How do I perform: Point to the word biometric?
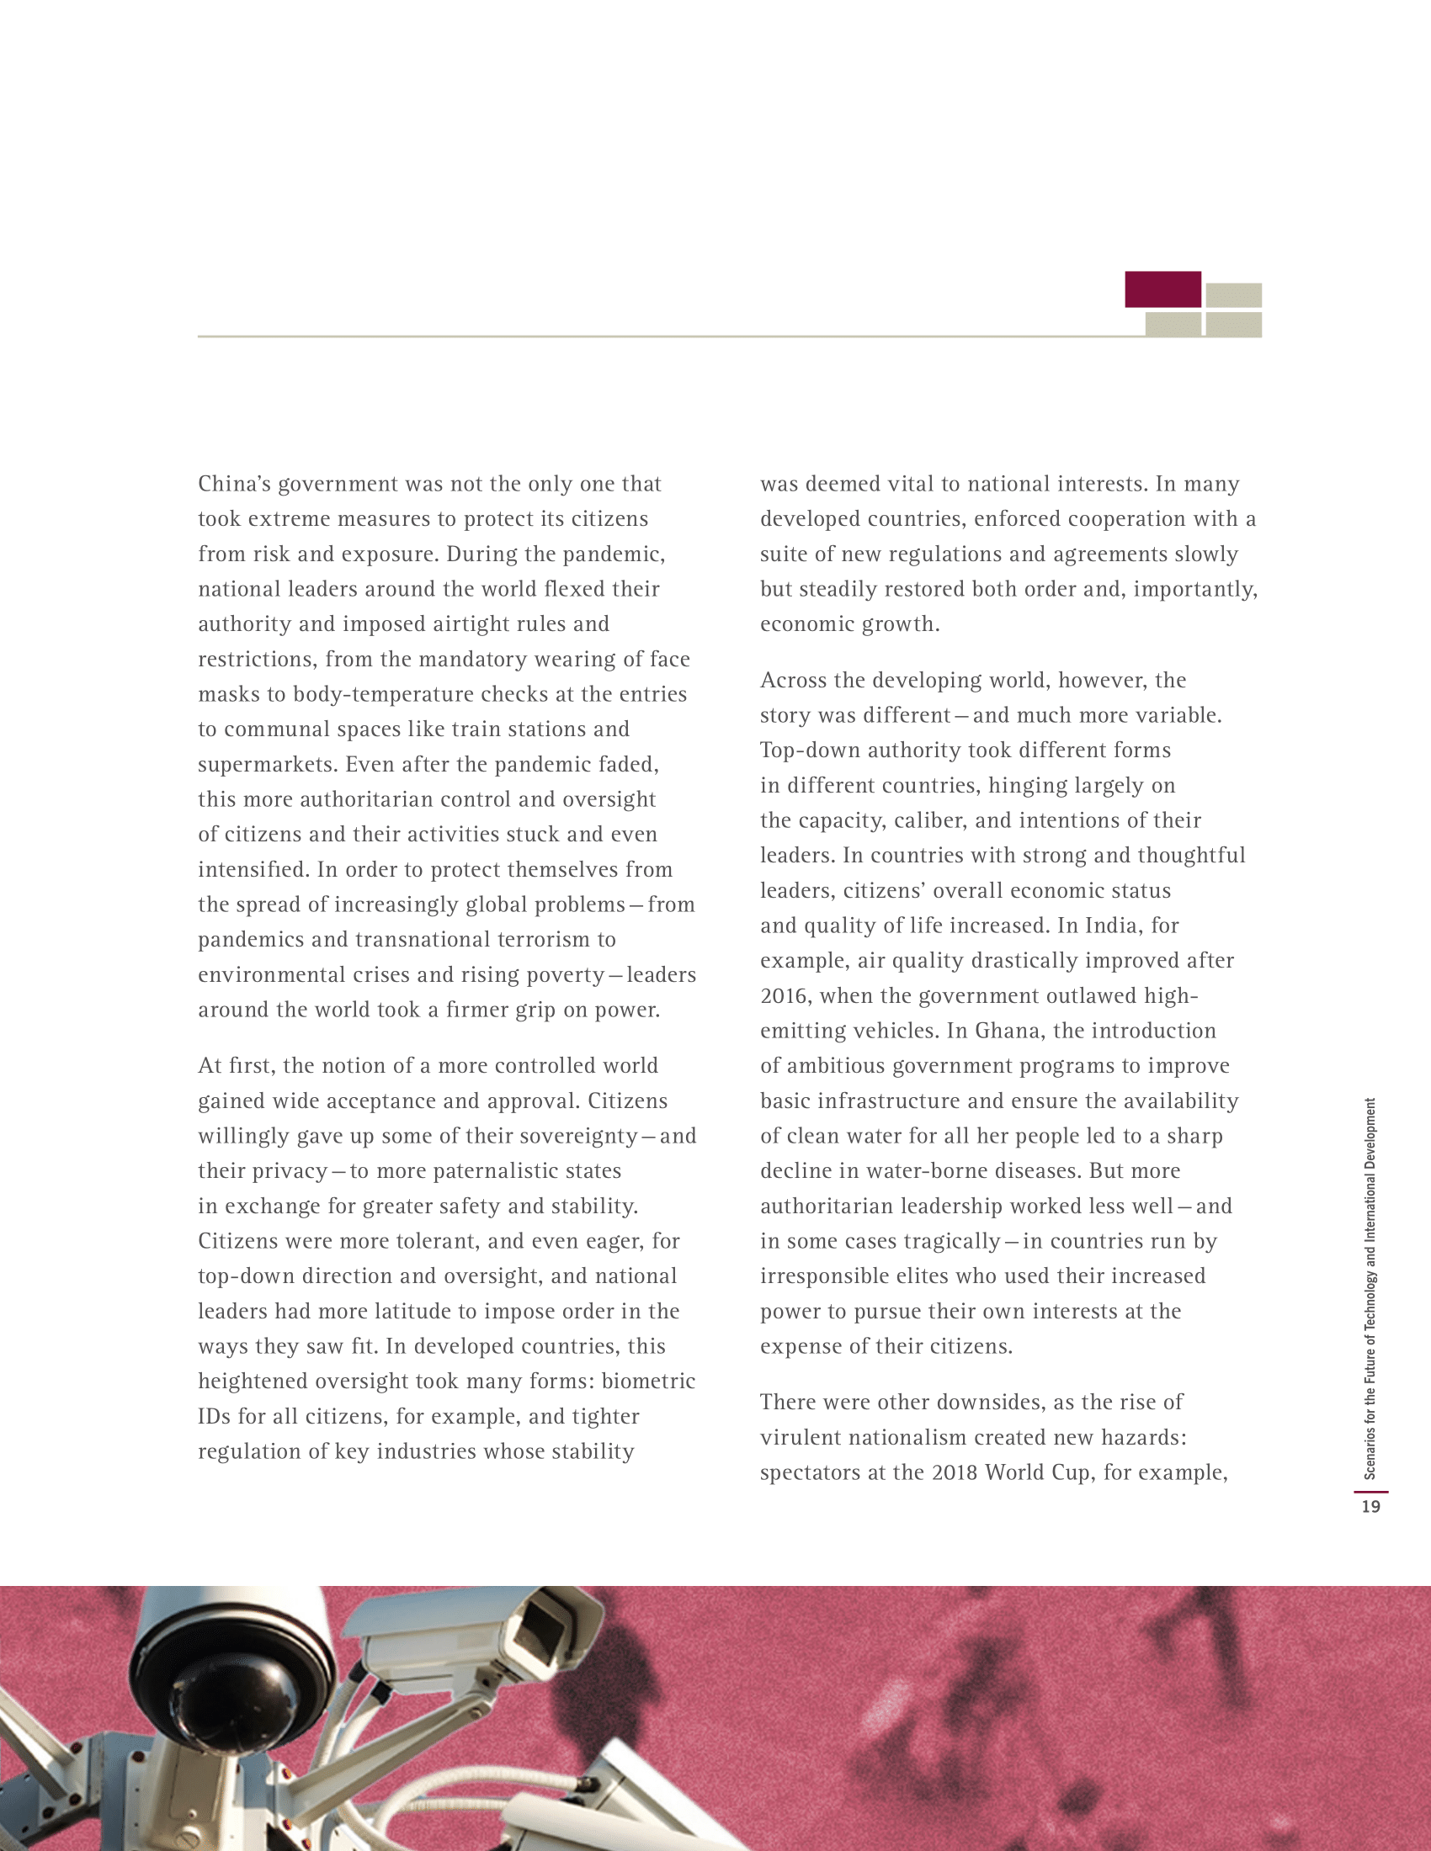[648, 1382]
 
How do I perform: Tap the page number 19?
[1370, 1507]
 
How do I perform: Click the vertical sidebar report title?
[1370, 1288]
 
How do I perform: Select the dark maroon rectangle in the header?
[1162, 289]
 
